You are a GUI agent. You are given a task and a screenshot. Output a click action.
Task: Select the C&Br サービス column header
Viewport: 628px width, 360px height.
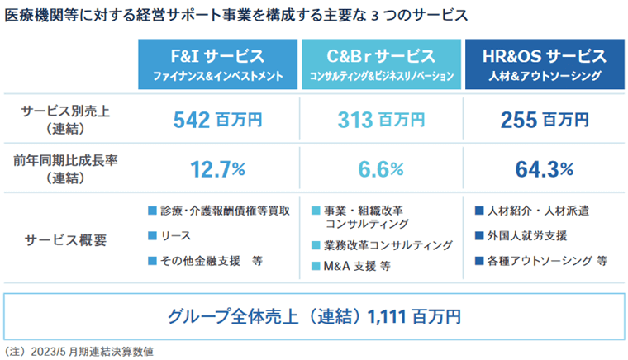coord(381,64)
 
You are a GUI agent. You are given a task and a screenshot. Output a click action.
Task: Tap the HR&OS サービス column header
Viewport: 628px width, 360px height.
coord(544,64)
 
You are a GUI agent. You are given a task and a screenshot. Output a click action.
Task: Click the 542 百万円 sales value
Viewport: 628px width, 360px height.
coord(217,120)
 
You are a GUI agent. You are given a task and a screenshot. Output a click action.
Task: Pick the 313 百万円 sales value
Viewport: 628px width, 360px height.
coord(381,120)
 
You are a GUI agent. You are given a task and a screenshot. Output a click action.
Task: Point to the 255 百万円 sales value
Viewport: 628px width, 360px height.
coord(544,120)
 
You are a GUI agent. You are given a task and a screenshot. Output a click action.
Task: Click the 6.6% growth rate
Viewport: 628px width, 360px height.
coord(381,169)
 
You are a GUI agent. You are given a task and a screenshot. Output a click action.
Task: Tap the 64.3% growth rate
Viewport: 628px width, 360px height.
coord(544,169)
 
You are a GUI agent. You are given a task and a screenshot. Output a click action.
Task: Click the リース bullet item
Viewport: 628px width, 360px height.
coord(175,236)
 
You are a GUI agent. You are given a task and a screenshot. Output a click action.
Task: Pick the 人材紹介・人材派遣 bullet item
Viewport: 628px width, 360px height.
coord(536,211)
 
